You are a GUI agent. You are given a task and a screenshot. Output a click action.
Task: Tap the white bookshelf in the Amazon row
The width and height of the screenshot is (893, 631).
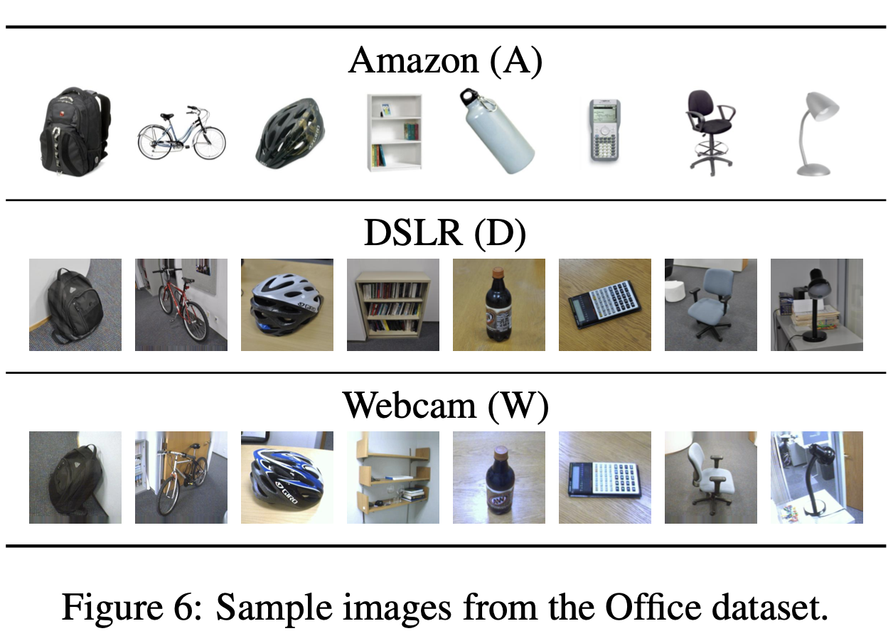click(394, 132)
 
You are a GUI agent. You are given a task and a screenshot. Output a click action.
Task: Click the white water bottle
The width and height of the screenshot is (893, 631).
click(496, 131)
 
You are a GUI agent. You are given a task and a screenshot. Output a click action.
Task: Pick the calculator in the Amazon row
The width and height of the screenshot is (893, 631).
click(604, 133)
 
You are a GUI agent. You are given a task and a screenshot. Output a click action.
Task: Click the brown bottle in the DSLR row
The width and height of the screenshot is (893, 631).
click(498, 302)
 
